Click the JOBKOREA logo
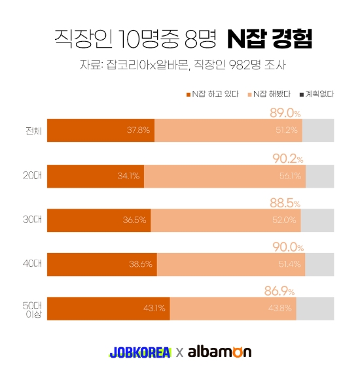[140, 352]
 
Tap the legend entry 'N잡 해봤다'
[270, 93]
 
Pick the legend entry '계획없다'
[317, 93]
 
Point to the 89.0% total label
[285, 113]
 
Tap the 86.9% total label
[279, 291]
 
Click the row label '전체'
[33, 130]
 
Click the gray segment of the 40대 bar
[319, 264]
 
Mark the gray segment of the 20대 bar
[320, 175]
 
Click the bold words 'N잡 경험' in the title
[269, 39]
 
